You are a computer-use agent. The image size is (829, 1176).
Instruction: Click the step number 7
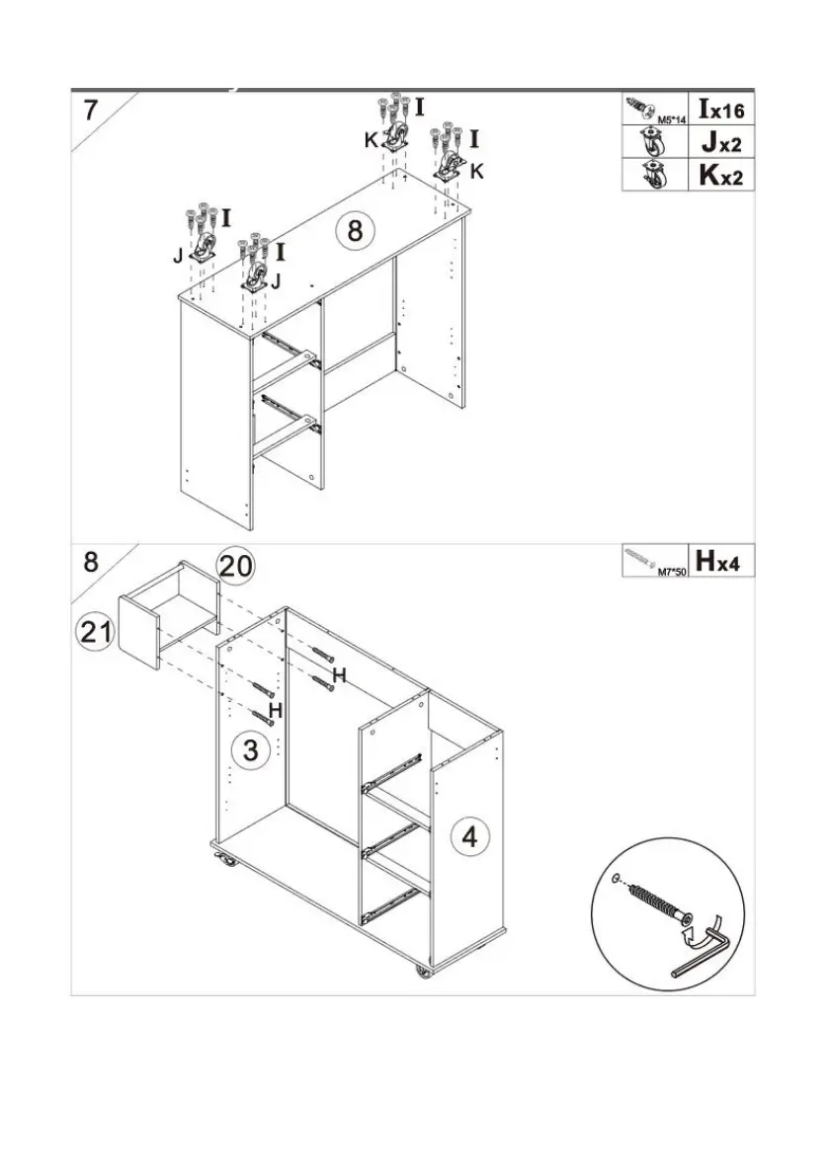[x=90, y=109]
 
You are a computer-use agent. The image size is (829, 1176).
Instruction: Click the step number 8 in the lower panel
[x=90, y=562]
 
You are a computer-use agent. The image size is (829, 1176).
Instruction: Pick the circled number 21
[x=96, y=632]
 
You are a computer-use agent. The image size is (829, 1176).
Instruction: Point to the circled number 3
[x=251, y=749]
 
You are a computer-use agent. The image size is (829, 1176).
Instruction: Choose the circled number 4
[x=470, y=837]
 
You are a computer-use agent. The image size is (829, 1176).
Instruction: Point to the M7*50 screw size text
[x=672, y=571]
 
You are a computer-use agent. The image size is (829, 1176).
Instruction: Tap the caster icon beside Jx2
[x=652, y=142]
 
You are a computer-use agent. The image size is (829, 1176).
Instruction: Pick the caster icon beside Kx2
[x=652, y=175]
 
